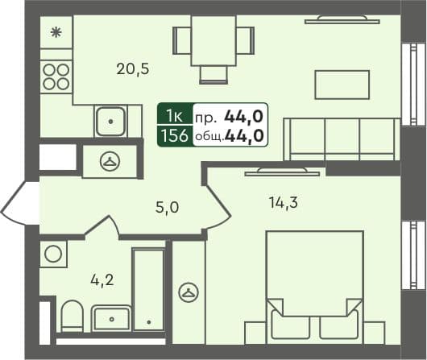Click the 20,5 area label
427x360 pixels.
click(132, 68)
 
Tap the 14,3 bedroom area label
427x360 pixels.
click(283, 203)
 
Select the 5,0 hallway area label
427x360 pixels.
click(167, 208)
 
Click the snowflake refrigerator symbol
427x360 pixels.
click(56, 33)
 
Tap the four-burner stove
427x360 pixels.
click(56, 76)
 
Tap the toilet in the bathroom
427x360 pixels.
click(73, 317)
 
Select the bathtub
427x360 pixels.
click(148, 290)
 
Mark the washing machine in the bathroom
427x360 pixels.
click(54, 254)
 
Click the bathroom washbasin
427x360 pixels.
click(111, 318)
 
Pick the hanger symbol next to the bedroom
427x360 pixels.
click(189, 292)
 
